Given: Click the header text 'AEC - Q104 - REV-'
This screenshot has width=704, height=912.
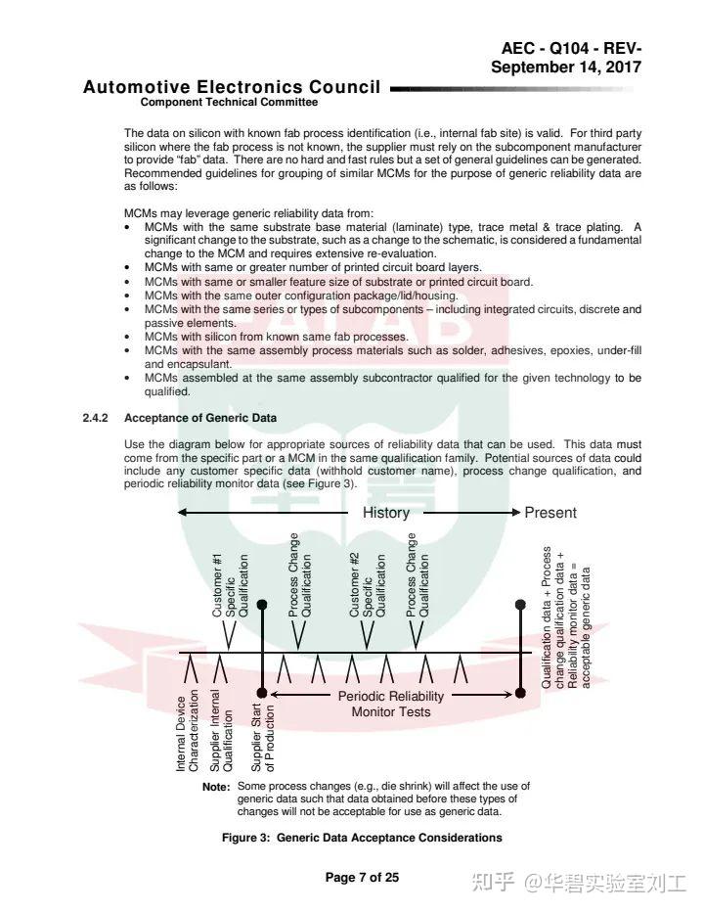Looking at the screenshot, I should (572, 49).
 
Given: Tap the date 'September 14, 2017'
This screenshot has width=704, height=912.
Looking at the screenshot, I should (566, 68).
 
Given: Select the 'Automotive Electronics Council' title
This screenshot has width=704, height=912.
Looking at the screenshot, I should (232, 87).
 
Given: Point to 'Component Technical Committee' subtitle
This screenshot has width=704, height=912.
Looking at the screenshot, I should (229, 102).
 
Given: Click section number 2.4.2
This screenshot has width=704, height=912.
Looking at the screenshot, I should (96, 418).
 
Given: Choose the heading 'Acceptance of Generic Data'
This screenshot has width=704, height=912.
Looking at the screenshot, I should (200, 418).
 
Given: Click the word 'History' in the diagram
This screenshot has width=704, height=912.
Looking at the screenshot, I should (386, 513).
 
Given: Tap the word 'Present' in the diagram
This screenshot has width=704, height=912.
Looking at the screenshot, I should (550, 513).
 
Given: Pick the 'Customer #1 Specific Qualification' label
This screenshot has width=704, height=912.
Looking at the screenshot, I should (231, 585).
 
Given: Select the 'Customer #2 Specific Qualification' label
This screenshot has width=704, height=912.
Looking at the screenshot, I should (368, 585).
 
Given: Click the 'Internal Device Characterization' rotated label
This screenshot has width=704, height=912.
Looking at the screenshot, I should (188, 731).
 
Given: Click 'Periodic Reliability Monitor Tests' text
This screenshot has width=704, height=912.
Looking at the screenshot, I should (391, 704).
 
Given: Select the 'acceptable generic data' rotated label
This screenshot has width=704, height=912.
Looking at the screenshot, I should (586, 626).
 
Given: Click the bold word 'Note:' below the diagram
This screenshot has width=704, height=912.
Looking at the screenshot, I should (216, 787).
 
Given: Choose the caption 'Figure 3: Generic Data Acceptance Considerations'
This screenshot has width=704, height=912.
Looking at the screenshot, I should (362, 838).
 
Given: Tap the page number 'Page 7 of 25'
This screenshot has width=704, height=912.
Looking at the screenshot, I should (362, 877).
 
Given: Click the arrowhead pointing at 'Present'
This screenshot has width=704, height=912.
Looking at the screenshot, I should (515, 513).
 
